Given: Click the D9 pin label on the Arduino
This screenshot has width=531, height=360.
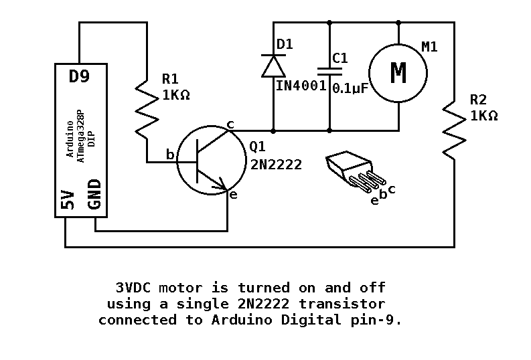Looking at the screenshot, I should tap(79, 76).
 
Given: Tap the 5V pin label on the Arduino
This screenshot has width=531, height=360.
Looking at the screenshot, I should tap(68, 199).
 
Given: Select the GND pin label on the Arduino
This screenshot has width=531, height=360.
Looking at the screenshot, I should tap(94, 194).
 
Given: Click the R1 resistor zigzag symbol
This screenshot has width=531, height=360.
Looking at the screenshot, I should tap(147, 108).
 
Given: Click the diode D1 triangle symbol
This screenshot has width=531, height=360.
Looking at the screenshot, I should tap(273, 66).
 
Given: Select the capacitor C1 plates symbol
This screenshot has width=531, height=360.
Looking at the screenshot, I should tap(329, 70).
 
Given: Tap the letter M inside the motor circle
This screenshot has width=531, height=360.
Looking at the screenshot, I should tap(398, 73).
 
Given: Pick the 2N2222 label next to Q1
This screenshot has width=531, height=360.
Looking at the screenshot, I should tap(276, 164).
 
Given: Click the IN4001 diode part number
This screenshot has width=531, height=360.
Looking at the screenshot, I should tap(301, 86).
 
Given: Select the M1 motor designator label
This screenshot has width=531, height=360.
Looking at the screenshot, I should tap(429, 47).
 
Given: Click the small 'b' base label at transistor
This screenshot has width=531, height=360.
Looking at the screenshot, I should tap(170, 155).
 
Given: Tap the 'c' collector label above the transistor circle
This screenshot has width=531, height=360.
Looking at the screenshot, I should tap(230, 124).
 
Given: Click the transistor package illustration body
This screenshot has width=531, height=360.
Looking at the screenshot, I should tap(346, 166).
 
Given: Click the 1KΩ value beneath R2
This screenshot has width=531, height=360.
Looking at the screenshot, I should tap(483, 115).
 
